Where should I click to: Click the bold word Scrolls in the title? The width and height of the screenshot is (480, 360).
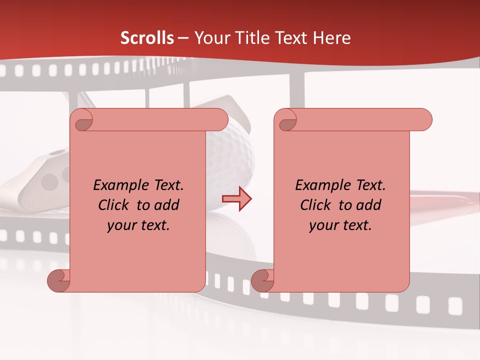(147, 38)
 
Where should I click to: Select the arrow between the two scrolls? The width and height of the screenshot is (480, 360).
(236, 199)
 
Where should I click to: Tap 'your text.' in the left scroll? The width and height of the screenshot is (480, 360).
(138, 225)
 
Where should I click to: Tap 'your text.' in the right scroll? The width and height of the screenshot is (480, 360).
(340, 225)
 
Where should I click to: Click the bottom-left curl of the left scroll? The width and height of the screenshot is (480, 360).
(58, 280)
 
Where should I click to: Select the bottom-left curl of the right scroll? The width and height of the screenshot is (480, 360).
(262, 280)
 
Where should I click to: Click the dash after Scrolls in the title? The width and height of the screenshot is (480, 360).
(183, 38)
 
